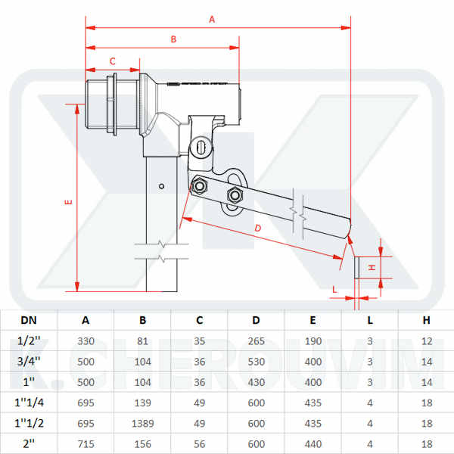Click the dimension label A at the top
pos(212,20)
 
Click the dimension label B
pos(173,39)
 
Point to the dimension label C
pos(113,61)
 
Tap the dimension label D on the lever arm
pos(257,228)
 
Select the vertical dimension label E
pos(68,202)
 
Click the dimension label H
pos(372,268)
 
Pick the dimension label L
pos(335,288)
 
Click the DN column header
pos(28,321)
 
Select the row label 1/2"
pos(28,341)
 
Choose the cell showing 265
pos(257,341)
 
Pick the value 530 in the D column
pos(257,362)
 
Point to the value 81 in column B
pos(142,341)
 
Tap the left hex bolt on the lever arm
pos(200,185)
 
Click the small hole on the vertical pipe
pos(161,186)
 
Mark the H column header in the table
pos(427,321)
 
